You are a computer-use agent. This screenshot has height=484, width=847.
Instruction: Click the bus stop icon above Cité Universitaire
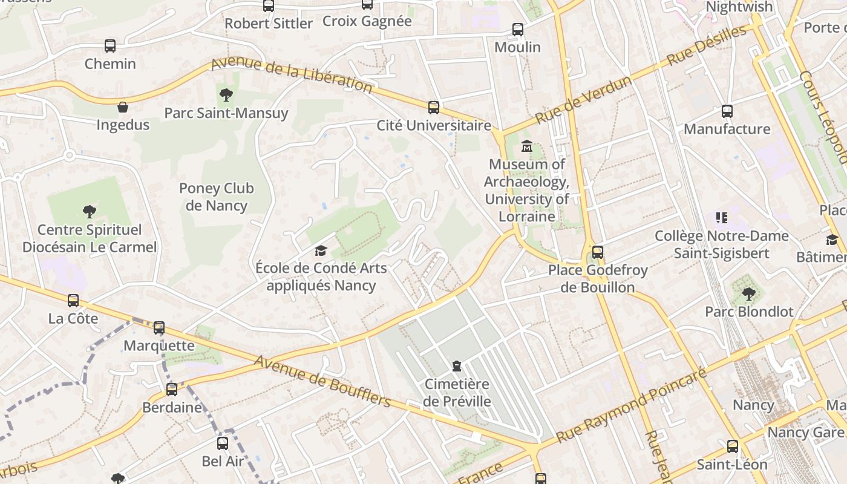point(433,108)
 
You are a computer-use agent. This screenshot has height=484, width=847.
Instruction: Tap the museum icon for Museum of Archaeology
point(526,146)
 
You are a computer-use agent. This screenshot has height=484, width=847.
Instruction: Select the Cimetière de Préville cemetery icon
point(457,366)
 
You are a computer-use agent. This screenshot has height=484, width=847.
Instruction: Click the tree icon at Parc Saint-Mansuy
point(226,95)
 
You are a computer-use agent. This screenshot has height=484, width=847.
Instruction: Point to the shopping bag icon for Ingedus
point(123,108)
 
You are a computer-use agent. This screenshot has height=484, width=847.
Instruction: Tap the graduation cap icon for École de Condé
point(321,250)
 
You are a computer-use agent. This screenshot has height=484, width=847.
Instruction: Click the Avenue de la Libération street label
point(291,75)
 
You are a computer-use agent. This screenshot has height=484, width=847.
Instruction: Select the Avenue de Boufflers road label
point(322,381)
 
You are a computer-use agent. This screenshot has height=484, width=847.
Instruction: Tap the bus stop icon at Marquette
point(159,328)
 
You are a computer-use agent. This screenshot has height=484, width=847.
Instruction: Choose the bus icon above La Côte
point(73,301)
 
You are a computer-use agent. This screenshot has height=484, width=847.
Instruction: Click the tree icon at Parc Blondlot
point(748,294)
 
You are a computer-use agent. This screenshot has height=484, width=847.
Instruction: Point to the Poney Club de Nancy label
point(217,197)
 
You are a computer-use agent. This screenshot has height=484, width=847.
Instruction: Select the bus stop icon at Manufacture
point(727,111)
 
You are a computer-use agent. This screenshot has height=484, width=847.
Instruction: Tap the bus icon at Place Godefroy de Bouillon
point(598,252)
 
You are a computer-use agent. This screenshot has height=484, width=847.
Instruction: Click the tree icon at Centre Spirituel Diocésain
point(90,212)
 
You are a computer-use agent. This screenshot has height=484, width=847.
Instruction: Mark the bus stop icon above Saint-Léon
point(733,447)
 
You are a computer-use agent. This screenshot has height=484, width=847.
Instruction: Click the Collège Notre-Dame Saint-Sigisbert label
point(721,244)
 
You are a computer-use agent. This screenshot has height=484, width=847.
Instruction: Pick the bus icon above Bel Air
point(223,443)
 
